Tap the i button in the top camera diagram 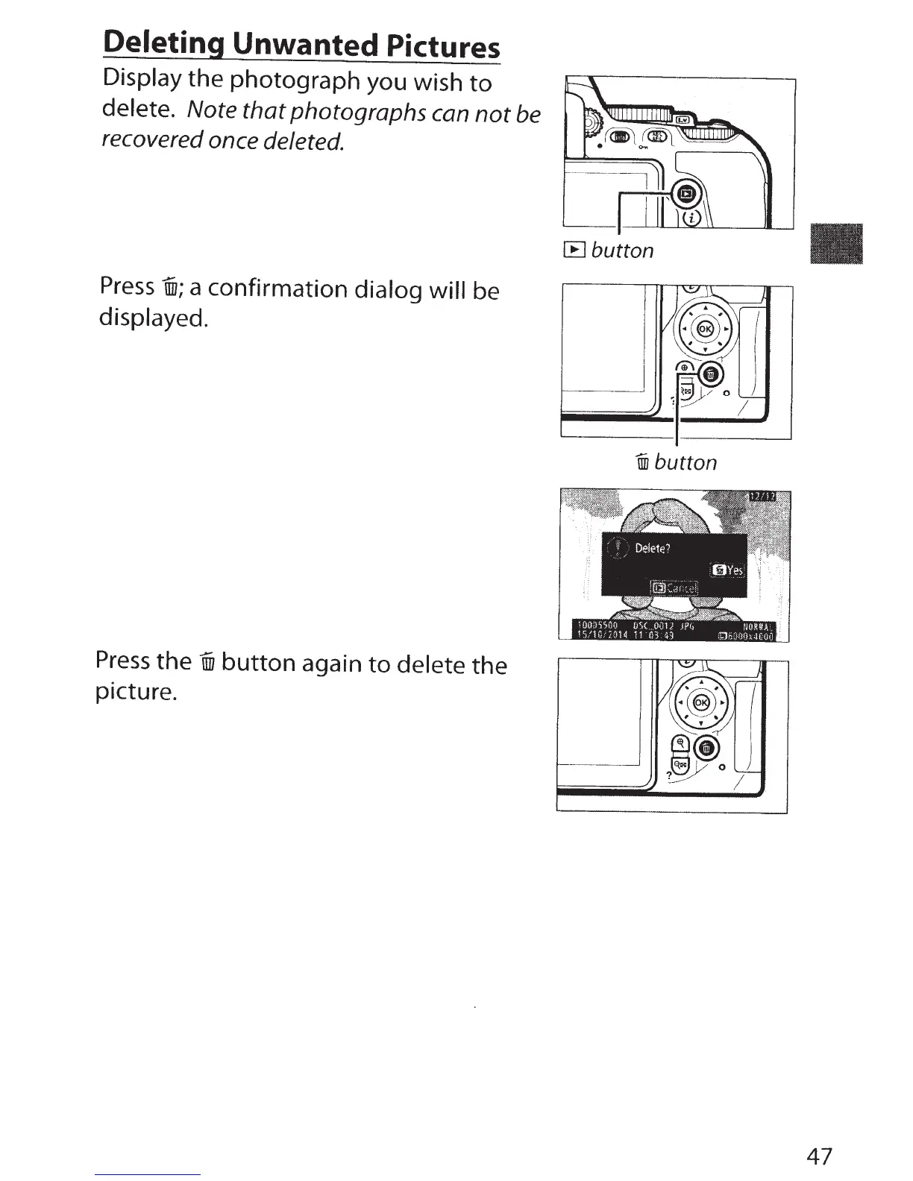click(x=691, y=218)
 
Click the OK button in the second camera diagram click(x=703, y=328)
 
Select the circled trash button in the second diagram click(x=711, y=375)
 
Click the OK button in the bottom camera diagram click(x=701, y=704)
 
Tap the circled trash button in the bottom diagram click(x=708, y=749)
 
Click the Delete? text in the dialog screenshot click(x=653, y=549)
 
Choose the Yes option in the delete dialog click(x=728, y=571)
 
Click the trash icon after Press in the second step click(x=168, y=287)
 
